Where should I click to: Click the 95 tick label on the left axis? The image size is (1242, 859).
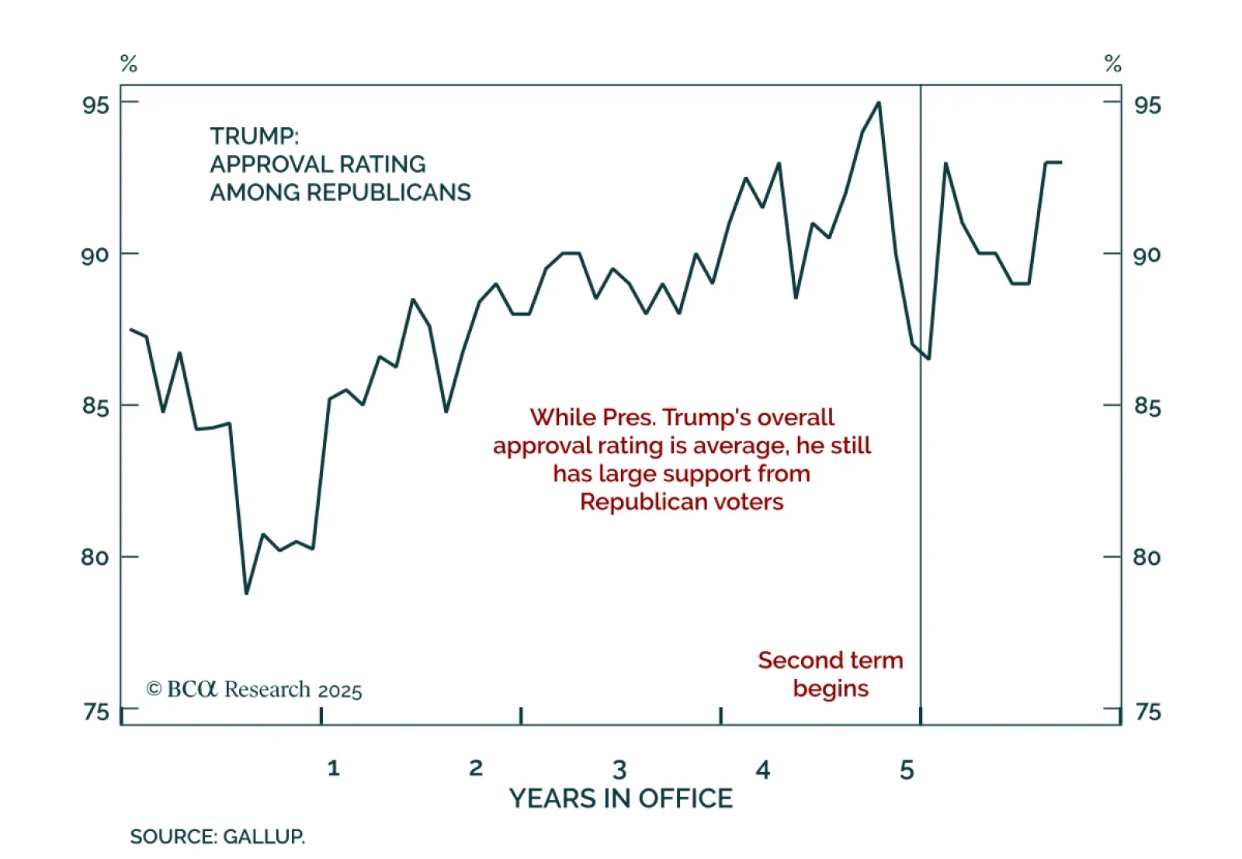(x=95, y=105)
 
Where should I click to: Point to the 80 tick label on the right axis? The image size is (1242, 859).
(x=1147, y=557)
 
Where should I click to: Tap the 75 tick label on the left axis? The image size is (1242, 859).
(x=96, y=712)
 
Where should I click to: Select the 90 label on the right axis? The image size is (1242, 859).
(x=1147, y=255)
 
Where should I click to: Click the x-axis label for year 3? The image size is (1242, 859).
(x=619, y=770)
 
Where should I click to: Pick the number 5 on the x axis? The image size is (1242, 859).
(x=907, y=770)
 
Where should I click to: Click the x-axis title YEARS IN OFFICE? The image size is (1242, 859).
(x=620, y=798)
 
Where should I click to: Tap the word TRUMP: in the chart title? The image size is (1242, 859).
(x=254, y=137)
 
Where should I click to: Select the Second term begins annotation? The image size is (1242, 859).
(x=831, y=674)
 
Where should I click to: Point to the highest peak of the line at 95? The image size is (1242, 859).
(x=878, y=102)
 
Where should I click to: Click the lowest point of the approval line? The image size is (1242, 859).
(x=247, y=594)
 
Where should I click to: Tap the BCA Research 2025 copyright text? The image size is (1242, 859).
(x=254, y=690)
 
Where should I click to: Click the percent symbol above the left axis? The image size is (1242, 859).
(x=129, y=64)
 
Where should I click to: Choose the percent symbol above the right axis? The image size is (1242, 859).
(x=1113, y=64)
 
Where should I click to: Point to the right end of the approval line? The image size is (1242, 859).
(x=1060, y=162)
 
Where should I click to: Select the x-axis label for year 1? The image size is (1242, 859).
(x=333, y=768)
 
